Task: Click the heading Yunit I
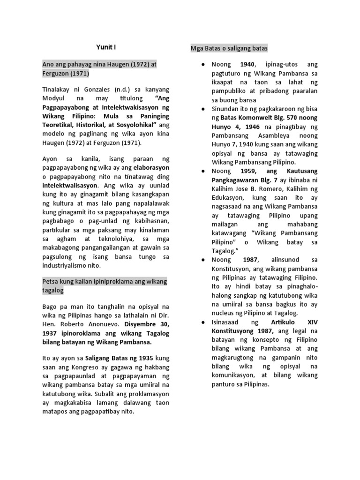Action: [106, 48]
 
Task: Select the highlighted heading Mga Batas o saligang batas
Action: [229, 48]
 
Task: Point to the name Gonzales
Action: [104, 89]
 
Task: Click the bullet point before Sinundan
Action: [202, 109]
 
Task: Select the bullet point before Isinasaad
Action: [202, 322]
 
